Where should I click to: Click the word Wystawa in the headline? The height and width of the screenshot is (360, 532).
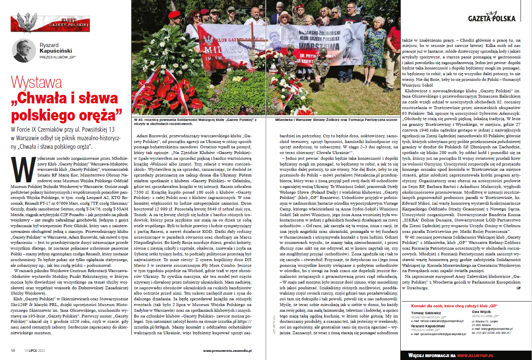click(37, 83)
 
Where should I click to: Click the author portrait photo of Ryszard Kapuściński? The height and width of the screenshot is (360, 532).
click(23, 50)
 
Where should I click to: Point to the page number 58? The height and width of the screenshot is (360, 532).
click(13, 350)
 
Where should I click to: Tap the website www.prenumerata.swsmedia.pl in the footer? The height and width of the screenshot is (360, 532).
click(227, 350)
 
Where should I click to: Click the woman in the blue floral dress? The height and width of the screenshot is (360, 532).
click(374, 45)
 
